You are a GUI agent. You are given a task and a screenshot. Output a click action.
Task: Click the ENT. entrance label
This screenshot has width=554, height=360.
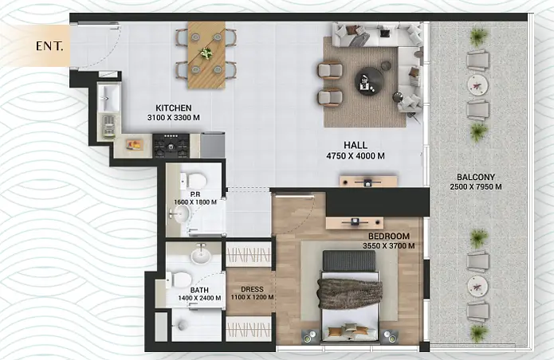coord(49,46)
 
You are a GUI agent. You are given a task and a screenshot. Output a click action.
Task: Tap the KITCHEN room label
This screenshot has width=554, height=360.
coord(174,108)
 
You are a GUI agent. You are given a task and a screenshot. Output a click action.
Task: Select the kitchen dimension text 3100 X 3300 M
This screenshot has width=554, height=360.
coord(174,118)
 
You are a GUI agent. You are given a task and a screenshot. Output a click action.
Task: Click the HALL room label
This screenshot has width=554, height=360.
coord(356,145)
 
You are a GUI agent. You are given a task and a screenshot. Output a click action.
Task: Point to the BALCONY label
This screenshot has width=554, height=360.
coord(476,177)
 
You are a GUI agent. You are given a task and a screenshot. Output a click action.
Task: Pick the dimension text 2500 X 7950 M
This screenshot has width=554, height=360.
coord(476,186)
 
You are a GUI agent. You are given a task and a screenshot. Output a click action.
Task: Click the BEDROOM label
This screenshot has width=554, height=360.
coord(389,236)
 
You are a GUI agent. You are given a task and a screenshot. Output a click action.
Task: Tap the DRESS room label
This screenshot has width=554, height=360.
coord(252,290)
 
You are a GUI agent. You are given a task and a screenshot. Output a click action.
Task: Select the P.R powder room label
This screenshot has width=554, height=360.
coord(195,194)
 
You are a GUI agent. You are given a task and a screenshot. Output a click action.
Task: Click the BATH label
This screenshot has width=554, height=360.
coord(199,290)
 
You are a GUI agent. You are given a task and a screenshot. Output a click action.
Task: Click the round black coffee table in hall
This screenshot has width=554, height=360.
coord(369,81)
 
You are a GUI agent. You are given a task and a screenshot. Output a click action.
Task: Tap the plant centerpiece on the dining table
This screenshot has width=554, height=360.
coord(206,53)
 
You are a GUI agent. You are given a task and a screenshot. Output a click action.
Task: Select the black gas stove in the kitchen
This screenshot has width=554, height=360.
coord(171,145)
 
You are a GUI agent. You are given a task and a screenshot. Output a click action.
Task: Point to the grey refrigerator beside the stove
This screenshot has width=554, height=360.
coord(212,145)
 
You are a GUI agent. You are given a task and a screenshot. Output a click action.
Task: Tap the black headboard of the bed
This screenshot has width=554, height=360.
coord(349,260)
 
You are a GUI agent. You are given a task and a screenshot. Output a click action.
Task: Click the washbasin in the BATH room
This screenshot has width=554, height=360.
coord(201,255)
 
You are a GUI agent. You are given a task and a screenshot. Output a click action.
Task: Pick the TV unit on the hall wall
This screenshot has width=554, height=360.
coord(368,182)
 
